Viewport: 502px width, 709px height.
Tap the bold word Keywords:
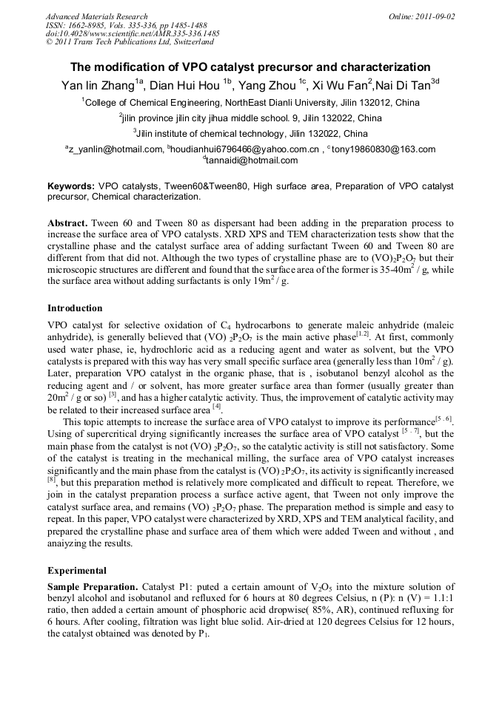pos(71,186)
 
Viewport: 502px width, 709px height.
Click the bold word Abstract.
pos(69,223)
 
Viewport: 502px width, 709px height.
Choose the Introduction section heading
pos(75,308)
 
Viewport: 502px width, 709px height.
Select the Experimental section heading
pos(77,571)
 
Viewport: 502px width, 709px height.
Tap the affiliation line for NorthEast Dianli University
pos(250,103)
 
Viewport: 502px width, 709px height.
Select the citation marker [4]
pos(217,406)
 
